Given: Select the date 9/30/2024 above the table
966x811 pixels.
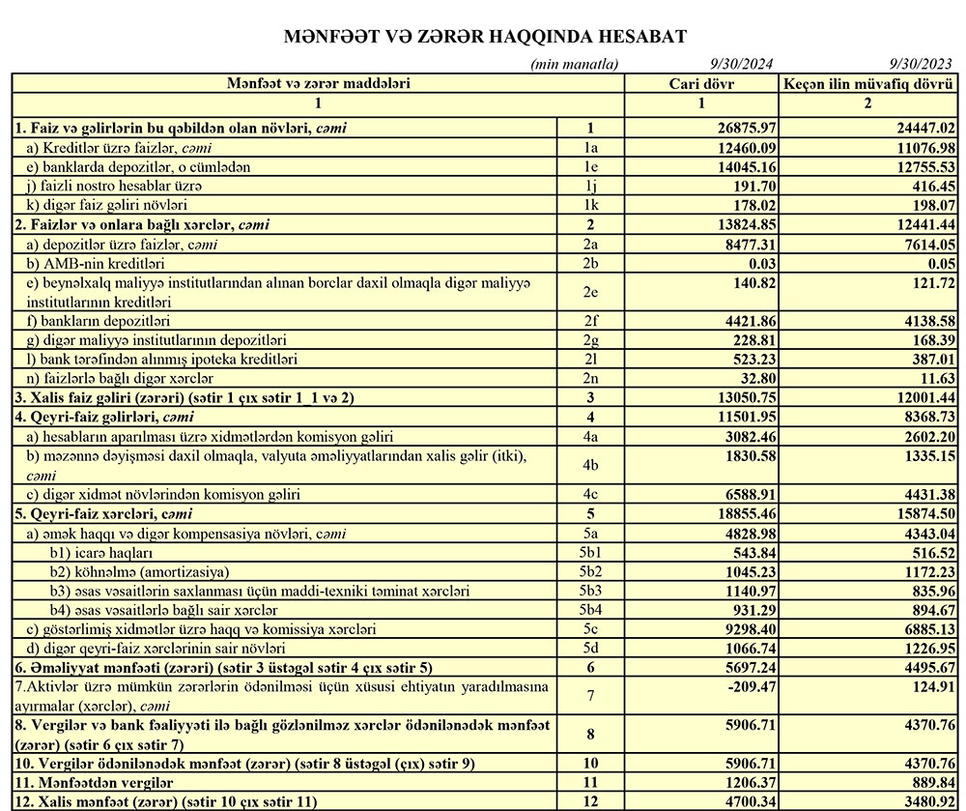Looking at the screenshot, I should [x=742, y=65].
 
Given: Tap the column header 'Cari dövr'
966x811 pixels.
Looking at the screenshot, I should [x=702, y=84].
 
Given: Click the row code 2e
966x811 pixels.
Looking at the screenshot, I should [x=591, y=292].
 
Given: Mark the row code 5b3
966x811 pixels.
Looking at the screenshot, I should [x=591, y=591].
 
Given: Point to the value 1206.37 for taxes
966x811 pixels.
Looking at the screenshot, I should [x=744, y=783].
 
